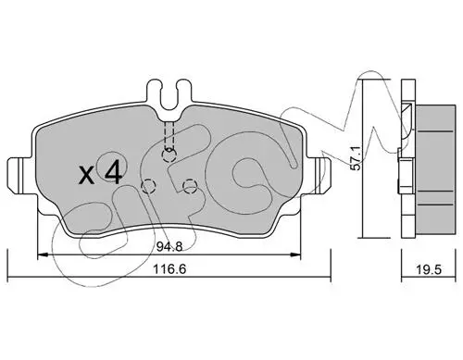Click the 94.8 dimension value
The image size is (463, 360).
[x=169, y=246]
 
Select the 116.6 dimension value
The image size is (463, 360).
[x=170, y=269]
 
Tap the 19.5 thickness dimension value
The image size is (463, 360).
[x=429, y=269]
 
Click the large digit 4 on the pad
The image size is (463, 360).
[x=113, y=173]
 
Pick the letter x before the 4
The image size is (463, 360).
[x=87, y=176]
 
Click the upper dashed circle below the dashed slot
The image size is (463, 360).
[x=169, y=155]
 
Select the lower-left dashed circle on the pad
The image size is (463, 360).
[x=148, y=186]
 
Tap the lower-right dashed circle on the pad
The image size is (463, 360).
[x=190, y=186]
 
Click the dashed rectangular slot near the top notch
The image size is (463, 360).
[x=169, y=134]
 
